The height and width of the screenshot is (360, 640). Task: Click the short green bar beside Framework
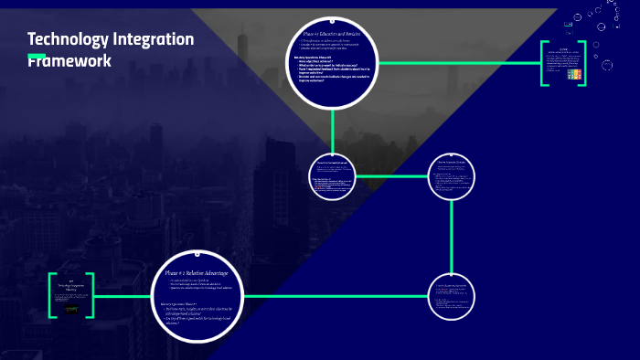pyautogui.click(x=37, y=57)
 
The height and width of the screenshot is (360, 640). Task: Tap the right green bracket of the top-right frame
pyautogui.click(x=582, y=63)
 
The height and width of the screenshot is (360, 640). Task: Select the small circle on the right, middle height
pyautogui.click(x=453, y=175)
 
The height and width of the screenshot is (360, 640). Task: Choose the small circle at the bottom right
pyautogui.click(x=453, y=295)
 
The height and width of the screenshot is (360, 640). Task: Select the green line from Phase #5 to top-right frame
pyautogui.click(x=457, y=63)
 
